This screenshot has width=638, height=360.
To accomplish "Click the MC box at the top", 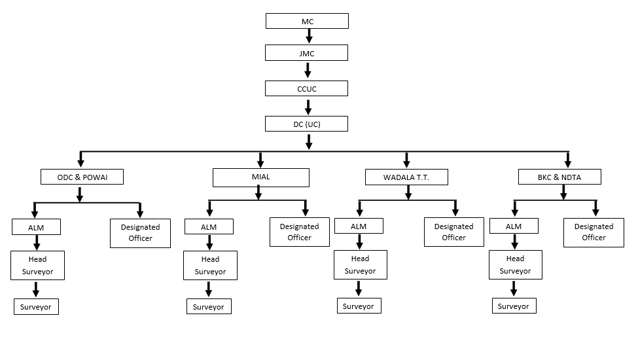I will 307,22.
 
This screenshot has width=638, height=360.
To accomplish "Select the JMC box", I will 307,53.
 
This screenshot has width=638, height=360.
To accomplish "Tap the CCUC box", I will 307,88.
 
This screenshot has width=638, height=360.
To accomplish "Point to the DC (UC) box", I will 307,124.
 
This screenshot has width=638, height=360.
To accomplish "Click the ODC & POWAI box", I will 82,177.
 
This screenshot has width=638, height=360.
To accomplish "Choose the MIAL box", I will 260,177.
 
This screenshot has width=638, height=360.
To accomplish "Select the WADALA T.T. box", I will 406,177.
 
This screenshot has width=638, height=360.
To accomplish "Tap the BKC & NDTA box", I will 559,177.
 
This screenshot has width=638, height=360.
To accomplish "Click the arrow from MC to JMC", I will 309,37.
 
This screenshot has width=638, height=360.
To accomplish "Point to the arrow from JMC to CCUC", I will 309,71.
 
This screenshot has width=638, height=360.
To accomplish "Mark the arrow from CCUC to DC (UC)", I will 309,106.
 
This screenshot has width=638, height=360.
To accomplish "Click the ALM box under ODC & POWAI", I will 36,226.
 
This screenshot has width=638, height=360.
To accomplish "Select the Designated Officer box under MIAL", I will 300,232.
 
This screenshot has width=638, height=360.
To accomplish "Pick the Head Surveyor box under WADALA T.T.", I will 360,264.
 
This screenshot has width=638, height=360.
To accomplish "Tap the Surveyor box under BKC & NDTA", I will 514,306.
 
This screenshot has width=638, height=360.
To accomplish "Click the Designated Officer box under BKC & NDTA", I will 594,232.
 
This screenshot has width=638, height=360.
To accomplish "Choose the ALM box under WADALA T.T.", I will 359,226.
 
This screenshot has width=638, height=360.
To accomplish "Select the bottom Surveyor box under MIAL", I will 209,306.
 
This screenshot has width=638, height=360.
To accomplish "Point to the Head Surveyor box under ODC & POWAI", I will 37,265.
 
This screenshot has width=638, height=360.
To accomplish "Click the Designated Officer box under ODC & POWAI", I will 140,232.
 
